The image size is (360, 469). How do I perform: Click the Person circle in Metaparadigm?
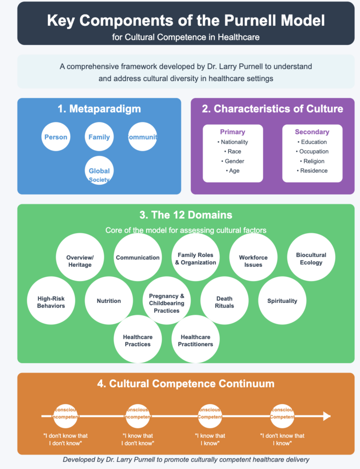[x=56, y=137]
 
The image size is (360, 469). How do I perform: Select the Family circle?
[x=99, y=137]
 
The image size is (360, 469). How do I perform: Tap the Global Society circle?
[x=99, y=172]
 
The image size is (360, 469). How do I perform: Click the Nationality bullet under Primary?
[x=233, y=142]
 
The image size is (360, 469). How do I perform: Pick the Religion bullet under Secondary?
[x=312, y=161]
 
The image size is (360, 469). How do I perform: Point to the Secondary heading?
[x=312, y=132]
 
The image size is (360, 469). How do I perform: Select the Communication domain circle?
[x=138, y=257]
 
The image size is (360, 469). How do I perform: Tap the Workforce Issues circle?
[x=253, y=261]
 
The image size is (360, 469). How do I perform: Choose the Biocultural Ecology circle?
[x=311, y=258]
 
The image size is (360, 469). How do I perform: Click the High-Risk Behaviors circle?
[x=51, y=302]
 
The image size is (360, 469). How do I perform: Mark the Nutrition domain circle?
[x=109, y=301]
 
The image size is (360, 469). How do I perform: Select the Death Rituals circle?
[x=225, y=302]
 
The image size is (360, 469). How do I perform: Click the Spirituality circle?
[x=282, y=301]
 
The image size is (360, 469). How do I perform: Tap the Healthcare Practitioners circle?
[x=195, y=340]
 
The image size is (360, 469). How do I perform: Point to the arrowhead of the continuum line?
[x=327, y=416]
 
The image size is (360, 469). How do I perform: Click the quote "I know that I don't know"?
[x=138, y=439]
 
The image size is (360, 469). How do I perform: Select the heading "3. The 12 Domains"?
[x=186, y=215]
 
